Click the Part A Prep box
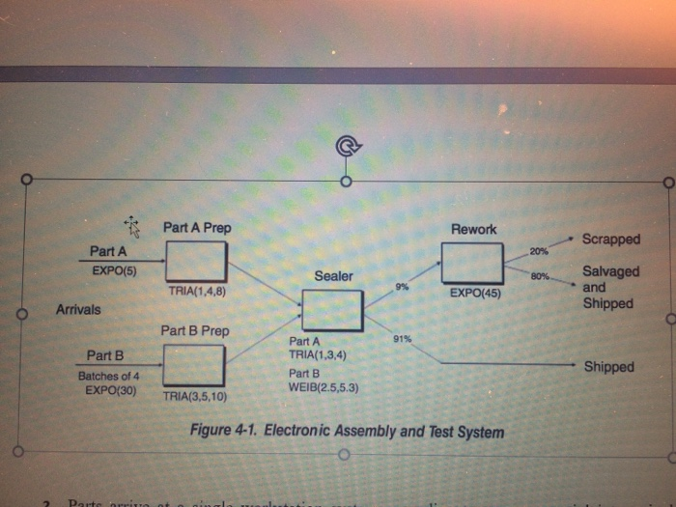[197, 262]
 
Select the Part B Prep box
[194, 365]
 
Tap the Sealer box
[332, 310]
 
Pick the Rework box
[472, 263]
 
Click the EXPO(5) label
[113, 271]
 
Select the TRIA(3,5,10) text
[196, 396]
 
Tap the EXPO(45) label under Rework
[473, 291]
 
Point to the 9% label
[402, 287]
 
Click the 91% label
[403, 338]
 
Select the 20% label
[539, 251]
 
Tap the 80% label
[539, 277]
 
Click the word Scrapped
[610, 239]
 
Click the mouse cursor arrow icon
[132, 227]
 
